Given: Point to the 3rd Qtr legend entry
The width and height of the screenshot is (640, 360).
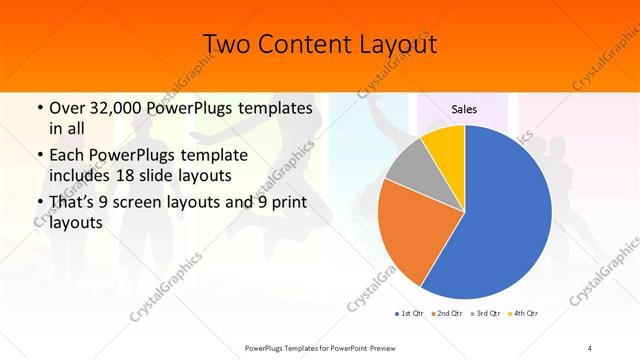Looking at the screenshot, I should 485,313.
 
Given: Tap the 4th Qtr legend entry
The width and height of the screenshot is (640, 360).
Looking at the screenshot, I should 524,313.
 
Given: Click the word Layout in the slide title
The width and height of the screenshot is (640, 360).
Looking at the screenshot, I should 393,45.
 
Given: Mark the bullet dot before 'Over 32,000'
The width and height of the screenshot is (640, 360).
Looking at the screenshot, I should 38,108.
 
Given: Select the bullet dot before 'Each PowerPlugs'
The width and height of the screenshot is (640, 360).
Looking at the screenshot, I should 38,156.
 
